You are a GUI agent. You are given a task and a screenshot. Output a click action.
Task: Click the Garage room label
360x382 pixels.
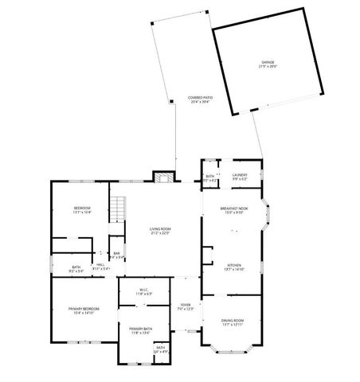coord(268,64)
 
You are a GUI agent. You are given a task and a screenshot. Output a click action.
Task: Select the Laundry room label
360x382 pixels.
coord(240,177)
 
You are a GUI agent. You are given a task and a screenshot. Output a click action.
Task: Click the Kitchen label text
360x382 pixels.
coord(234,267)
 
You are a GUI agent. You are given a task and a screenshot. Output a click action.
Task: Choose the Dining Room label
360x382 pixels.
coord(234,322)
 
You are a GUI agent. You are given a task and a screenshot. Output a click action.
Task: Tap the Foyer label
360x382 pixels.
coord(185,306)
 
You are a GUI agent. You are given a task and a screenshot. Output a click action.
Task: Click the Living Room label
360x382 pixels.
coord(160,230)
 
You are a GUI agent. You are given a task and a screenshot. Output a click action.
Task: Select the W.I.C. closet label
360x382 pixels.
coord(143,291)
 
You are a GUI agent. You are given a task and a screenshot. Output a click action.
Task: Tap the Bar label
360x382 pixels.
coord(116,255)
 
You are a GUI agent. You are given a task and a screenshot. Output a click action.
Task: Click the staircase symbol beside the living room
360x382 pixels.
coord(118,209)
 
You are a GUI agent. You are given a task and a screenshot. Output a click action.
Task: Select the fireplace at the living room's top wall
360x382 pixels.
coord(162,177)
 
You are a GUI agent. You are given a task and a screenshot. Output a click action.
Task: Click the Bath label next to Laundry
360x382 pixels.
coord(210,177)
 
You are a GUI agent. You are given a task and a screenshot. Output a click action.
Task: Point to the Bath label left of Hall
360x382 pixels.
coord(76,269)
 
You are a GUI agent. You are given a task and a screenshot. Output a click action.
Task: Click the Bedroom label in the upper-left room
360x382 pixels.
coord(82,210)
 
